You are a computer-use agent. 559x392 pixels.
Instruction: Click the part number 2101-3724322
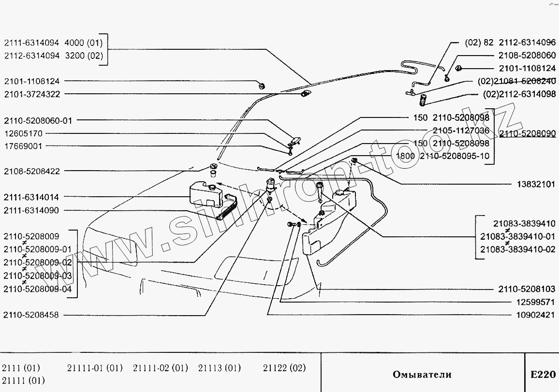[32, 94]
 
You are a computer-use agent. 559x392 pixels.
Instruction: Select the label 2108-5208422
[32, 171]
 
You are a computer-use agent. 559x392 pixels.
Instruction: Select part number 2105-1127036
[460, 131]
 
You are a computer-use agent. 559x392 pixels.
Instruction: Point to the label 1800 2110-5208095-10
[442, 156]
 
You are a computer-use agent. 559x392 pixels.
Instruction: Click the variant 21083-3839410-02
[517, 249]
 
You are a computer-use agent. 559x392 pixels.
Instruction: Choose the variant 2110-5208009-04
[37, 289]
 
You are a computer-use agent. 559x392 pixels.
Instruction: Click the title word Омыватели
[422, 374]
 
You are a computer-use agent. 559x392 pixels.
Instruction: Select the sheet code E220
[543, 374]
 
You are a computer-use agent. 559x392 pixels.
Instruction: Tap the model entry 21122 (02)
[284, 368]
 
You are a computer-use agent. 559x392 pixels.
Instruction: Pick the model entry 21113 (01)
[219, 368]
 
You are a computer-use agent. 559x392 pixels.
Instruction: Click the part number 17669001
[23, 146]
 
